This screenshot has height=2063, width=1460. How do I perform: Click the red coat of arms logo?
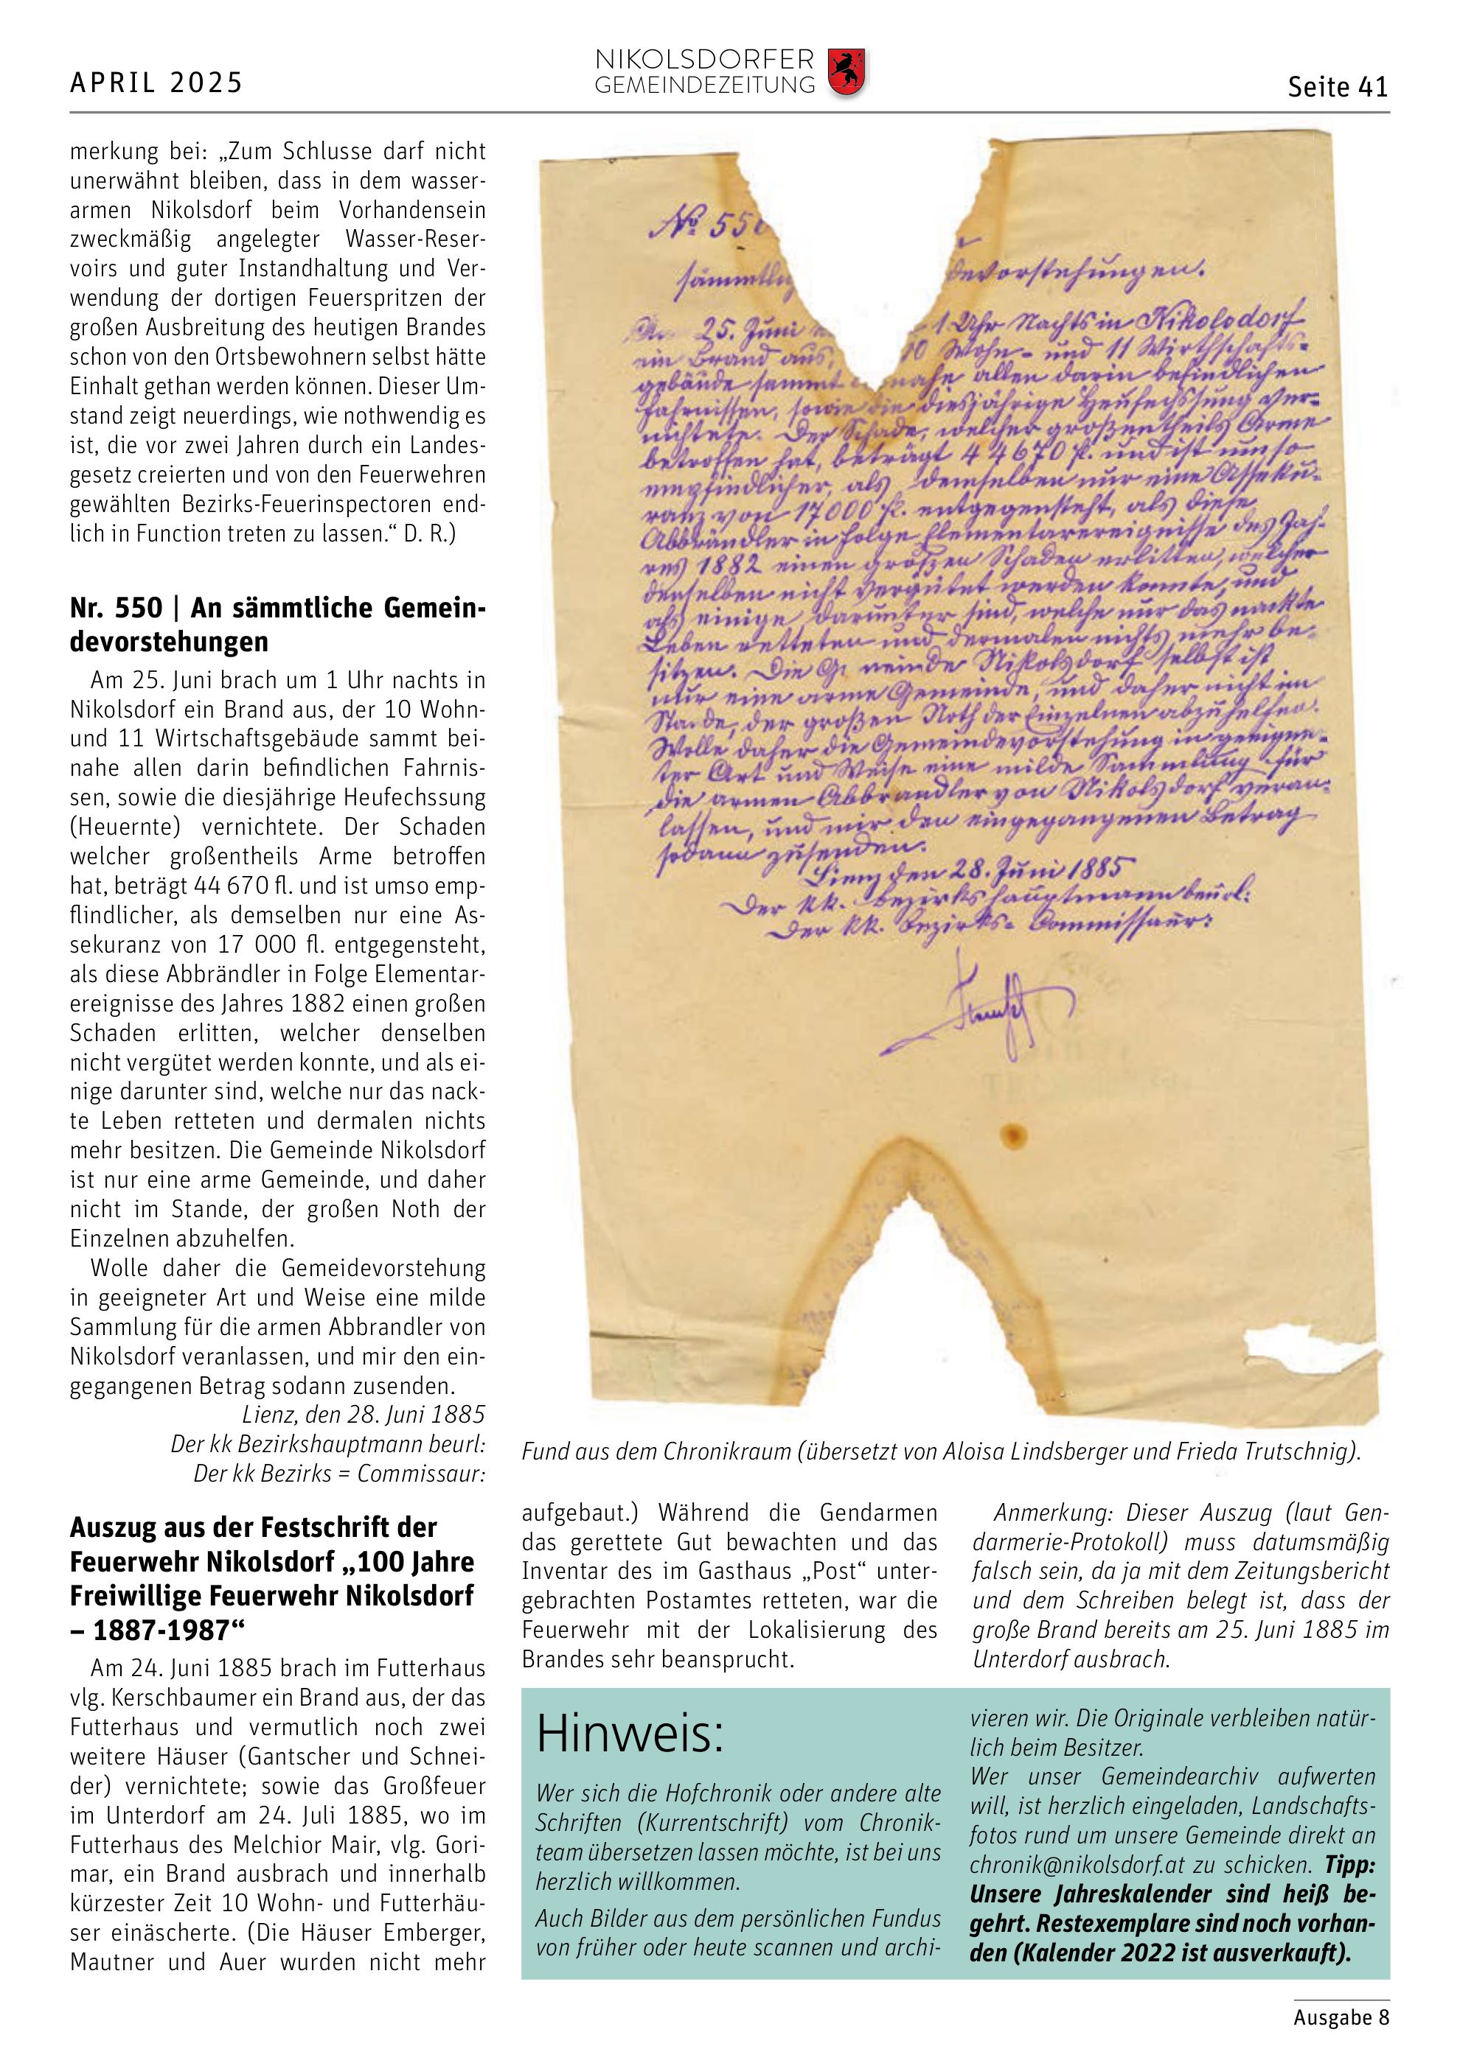(x=846, y=73)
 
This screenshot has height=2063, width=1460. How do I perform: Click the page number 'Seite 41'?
(x=1337, y=87)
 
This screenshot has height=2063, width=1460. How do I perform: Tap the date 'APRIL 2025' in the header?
(x=156, y=83)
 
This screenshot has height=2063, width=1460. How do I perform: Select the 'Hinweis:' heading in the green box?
(x=629, y=1735)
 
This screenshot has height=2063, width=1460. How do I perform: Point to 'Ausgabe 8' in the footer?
(x=1341, y=2017)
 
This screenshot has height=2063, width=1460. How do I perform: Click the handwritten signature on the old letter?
(x=970, y=1011)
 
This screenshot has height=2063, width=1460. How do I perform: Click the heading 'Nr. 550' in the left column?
(x=116, y=609)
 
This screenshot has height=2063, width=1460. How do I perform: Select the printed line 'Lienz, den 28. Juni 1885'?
(x=364, y=1415)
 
